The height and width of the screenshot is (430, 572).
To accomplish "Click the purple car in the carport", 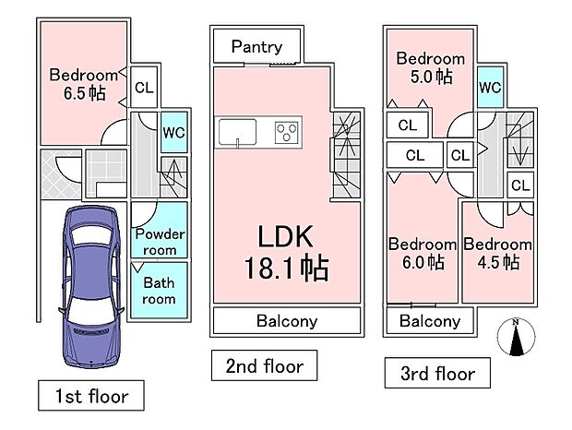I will [x=89, y=284].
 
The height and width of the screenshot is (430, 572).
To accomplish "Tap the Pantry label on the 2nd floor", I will [x=256, y=46].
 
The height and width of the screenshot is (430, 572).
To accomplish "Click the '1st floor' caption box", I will [x=90, y=397].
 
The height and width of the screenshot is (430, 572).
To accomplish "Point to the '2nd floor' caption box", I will [x=264, y=366].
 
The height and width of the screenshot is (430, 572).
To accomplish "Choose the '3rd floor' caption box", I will [x=437, y=373].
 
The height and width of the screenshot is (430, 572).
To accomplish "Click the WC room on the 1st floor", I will [x=173, y=132].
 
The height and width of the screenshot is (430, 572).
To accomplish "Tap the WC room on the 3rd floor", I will [x=490, y=87].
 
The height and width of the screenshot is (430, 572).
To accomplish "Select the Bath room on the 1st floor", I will [x=159, y=291].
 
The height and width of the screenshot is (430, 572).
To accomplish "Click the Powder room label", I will [x=160, y=242].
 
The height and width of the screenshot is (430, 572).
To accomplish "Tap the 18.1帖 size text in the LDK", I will [x=286, y=269].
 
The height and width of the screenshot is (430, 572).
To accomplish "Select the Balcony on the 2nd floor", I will [x=286, y=321].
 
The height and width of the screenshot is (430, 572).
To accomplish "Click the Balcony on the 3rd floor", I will [x=430, y=321].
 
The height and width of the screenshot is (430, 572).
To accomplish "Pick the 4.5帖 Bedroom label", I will [x=498, y=253].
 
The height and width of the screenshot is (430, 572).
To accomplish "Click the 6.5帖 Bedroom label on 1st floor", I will [x=83, y=83].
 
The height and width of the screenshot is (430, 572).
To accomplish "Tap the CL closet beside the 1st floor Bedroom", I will [x=143, y=89].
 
